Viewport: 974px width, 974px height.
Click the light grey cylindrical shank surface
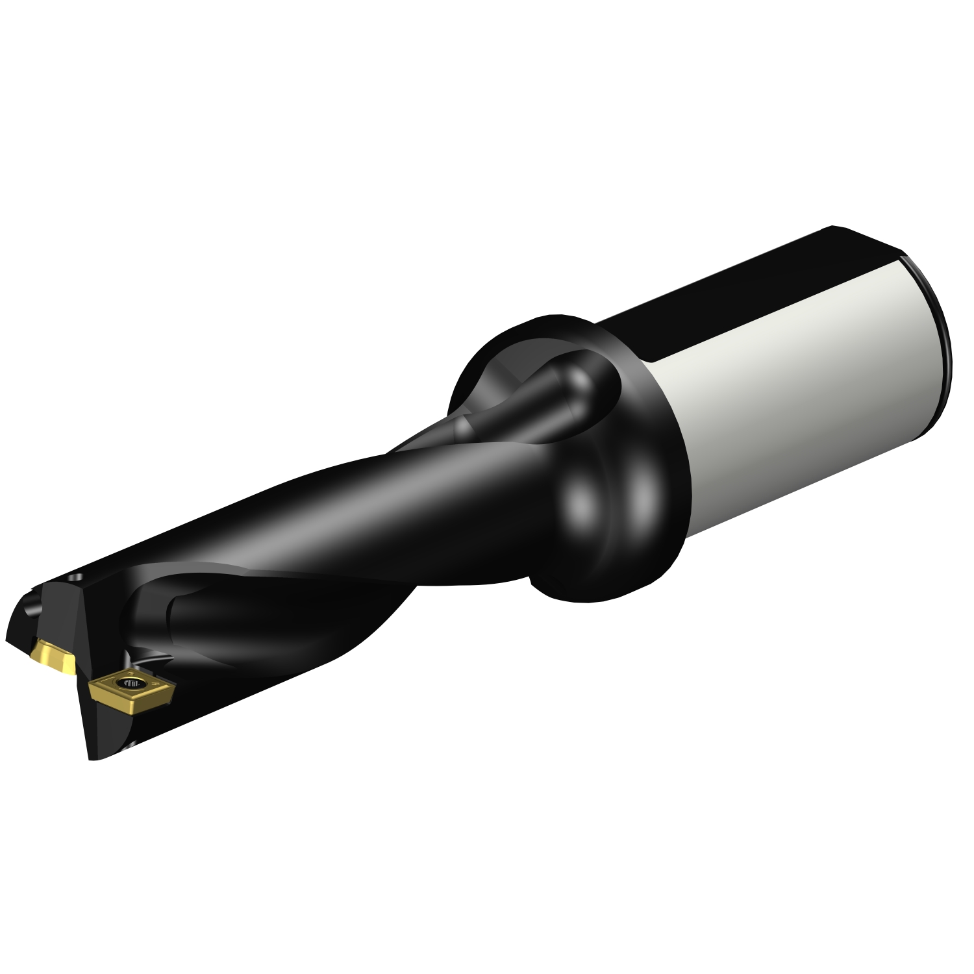pos(799,390)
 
